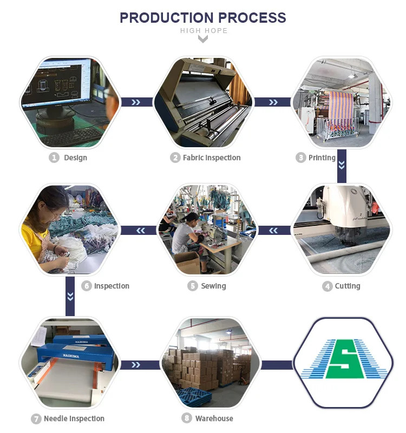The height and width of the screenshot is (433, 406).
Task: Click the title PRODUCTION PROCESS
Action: click(x=202, y=17)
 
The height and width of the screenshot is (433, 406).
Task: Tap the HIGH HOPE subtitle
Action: click(x=204, y=31)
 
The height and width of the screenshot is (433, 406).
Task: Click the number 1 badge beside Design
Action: click(x=54, y=158)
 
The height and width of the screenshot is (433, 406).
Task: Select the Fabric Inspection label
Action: click(x=211, y=158)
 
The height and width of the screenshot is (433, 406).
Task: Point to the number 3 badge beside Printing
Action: click(x=301, y=158)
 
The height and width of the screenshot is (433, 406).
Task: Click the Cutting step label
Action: click(x=347, y=286)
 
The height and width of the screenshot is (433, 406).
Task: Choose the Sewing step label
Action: click(x=213, y=286)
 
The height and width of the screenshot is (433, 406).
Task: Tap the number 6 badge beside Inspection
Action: click(x=87, y=286)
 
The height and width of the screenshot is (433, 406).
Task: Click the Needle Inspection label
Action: click(x=74, y=418)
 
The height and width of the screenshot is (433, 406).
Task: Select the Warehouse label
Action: click(x=214, y=418)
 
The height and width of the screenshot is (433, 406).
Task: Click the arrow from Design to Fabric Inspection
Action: click(x=135, y=102)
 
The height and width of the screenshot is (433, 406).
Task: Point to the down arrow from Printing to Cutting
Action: click(x=342, y=165)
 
